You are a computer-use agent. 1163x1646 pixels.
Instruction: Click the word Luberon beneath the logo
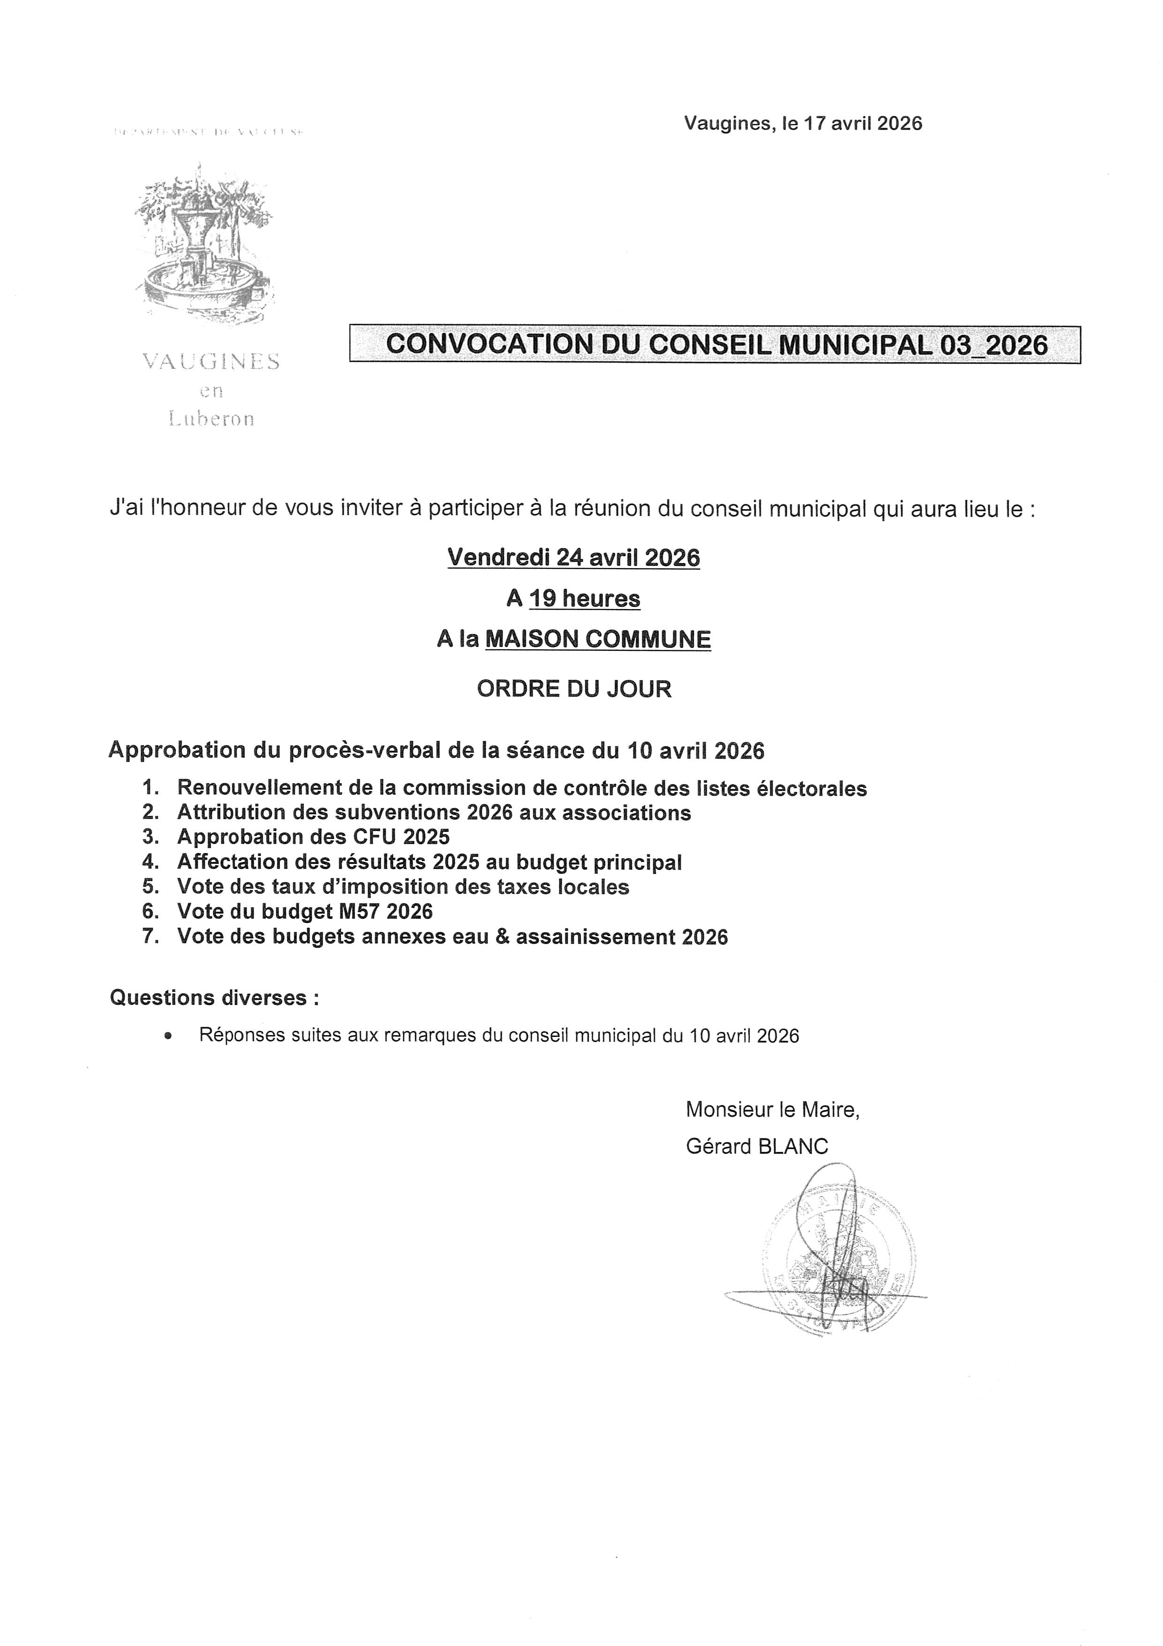click(211, 419)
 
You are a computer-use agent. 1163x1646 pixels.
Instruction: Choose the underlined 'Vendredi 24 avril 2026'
click(573, 558)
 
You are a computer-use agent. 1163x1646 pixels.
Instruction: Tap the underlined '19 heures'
click(585, 599)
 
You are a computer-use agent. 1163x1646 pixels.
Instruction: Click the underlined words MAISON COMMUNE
click(597, 640)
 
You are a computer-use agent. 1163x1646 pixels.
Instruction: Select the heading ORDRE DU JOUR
click(574, 689)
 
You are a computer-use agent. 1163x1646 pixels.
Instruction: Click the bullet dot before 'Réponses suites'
click(168, 1036)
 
